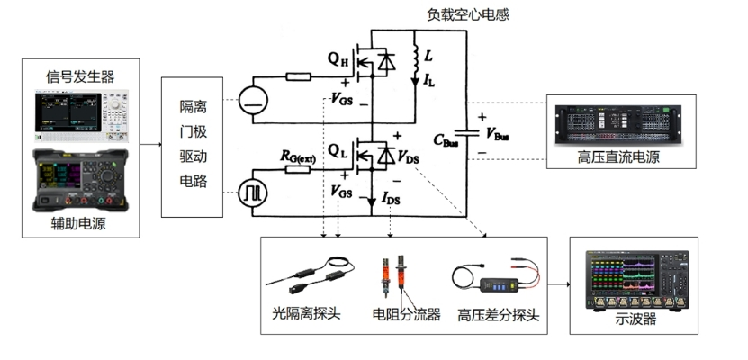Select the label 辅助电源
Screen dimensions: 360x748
pyautogui.click(x=80, y=224)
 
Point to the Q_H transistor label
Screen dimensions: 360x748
pyautogui.click(x=338, y=61)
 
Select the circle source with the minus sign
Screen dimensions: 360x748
pyautogui.click(x=254, y=100)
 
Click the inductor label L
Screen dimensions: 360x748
pyautogui.click(x=428, y=57)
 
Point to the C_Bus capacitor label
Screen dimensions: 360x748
pyautogui.click(x=450, y=139)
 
